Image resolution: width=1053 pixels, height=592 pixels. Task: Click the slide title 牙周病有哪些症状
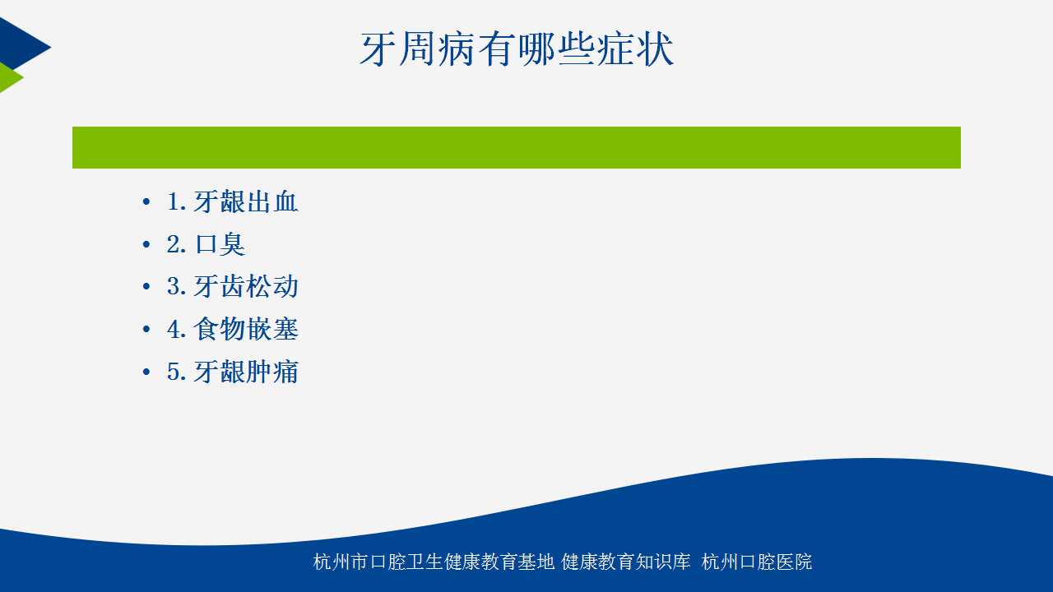point(517,49)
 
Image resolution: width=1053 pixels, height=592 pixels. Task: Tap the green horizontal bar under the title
point(516,147)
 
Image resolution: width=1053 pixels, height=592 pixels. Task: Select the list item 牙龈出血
point(246,202)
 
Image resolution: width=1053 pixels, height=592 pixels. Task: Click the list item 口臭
point(220,244)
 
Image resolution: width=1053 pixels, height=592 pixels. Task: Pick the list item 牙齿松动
point(246,287)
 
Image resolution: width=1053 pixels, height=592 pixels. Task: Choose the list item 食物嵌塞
point(246,329)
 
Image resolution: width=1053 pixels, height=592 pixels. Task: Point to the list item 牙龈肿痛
point(246,372)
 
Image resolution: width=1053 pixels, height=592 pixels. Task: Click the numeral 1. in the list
point(177,202)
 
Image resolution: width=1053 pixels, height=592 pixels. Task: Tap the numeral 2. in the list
point(177,244)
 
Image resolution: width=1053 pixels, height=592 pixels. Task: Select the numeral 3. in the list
point(177,287)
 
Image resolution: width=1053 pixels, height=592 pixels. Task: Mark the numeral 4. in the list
point(177,329)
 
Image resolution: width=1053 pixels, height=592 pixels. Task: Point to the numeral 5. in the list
point(177,372)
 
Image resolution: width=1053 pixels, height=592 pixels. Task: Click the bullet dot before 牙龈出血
point(146,202)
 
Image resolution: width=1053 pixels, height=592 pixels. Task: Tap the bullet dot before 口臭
point(146,244)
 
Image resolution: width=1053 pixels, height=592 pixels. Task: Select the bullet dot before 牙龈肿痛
point(146,372)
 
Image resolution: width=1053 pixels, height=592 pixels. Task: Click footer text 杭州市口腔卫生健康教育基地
point(434,562)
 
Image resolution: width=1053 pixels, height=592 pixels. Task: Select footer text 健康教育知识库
point(626,562)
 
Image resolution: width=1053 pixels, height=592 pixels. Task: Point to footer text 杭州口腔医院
point(756,562)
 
